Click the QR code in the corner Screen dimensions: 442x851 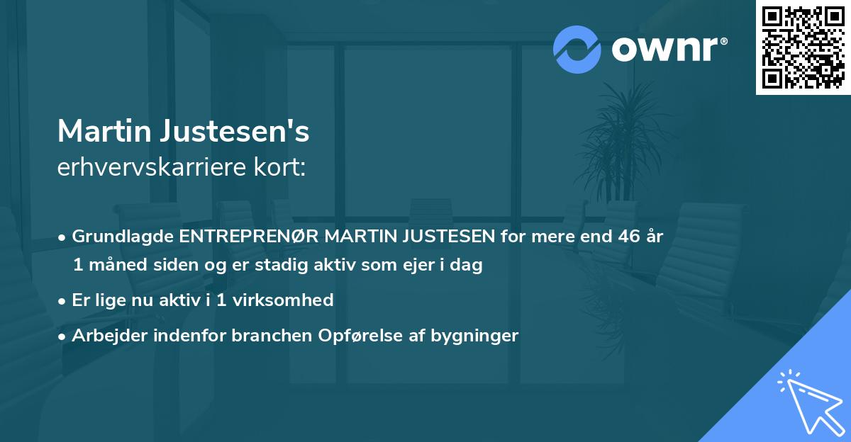[x=803, y=47]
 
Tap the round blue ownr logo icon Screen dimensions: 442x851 [x=577, y=49]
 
